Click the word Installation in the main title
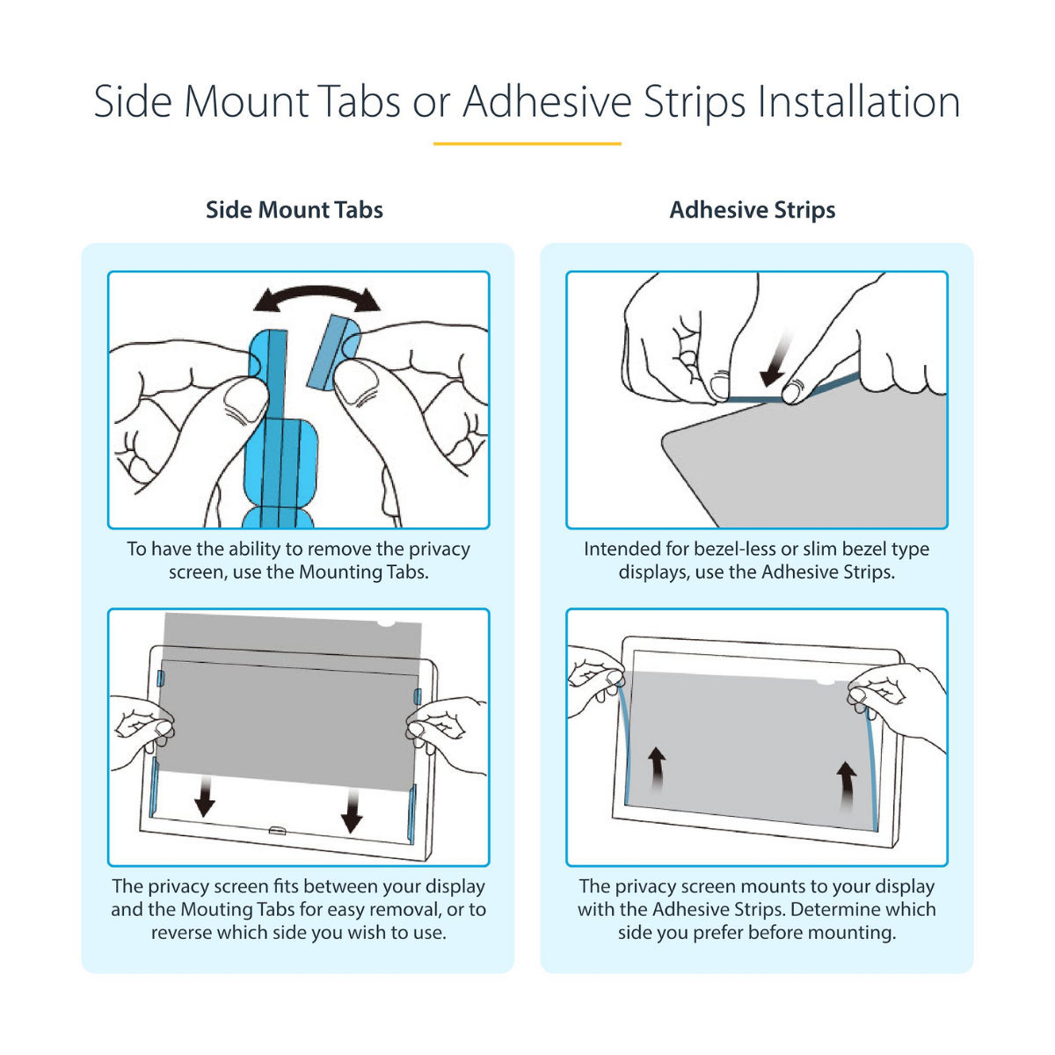(858, 101)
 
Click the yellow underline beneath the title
(527, 144)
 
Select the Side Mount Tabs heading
(294, 210)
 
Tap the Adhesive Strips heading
(753, 210)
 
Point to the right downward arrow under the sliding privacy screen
(352, 811)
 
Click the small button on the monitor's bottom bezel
(277, 831)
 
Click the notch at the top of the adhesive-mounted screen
(826, 682)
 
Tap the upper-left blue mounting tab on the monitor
(160, 679)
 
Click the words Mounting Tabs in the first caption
(362, 572)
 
